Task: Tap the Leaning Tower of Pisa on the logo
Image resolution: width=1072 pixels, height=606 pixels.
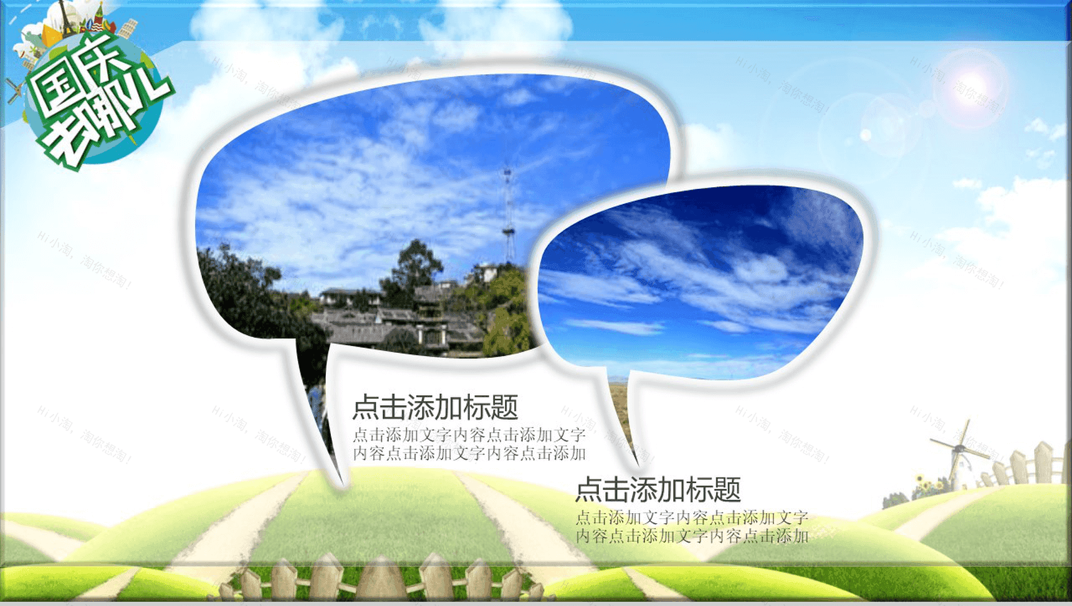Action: click(128, 28)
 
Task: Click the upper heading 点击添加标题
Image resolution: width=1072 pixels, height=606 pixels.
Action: click(435, 408)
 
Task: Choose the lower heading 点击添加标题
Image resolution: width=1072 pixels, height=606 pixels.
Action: click(658, 490)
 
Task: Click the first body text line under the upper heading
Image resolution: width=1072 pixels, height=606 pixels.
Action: click(469, 435)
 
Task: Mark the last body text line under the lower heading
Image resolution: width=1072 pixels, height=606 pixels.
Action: click(692, 536)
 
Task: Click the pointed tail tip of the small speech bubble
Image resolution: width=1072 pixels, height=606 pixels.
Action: click(637, 464)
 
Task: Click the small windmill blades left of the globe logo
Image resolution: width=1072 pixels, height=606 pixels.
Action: click(14, 91)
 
